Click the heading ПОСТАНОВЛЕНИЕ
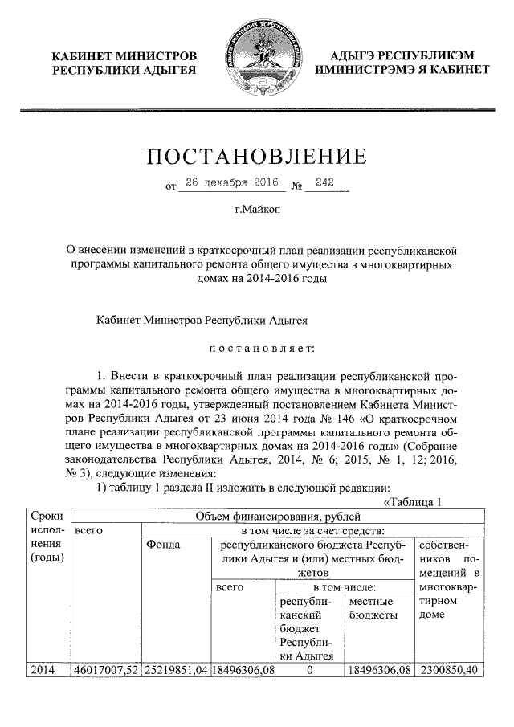point(256,155)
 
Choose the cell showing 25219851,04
point(176,669)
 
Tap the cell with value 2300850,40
point(448,669)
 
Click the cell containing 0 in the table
point(309,669)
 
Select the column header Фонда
point(163,545)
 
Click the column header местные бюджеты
point(371,608)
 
